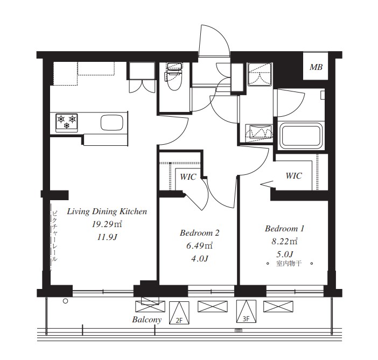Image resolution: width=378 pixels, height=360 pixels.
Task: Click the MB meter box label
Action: [x=316, y=67]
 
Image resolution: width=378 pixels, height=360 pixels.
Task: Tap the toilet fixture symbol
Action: [x=173, y=76]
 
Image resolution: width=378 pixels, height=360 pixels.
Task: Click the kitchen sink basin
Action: [x=112, y=122]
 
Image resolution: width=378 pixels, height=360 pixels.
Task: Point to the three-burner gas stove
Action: [x=67, y=123]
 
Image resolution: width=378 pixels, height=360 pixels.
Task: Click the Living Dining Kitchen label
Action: [x=107, y=211]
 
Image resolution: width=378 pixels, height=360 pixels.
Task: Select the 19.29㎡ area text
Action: [x=107, y=224]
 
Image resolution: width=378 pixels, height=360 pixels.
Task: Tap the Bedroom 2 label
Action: [x=200, y=233]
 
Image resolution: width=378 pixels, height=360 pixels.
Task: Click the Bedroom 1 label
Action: [x=284, y=229]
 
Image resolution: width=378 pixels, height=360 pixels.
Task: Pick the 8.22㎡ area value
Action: [x=284, y=241]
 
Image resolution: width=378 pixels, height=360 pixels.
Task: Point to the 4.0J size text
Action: [x=200, y=259]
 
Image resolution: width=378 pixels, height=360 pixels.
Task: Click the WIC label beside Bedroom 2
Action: [x=188, y=177]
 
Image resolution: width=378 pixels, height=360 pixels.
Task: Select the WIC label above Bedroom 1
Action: [x=293, y=175]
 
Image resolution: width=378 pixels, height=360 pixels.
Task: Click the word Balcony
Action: [x=147, y=320]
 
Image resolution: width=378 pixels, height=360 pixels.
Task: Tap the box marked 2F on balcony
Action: [x=179, y=313]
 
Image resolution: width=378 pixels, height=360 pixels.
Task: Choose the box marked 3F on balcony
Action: [x=246, y=311]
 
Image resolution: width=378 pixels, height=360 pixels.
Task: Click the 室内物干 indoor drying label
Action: [x=289, y=263]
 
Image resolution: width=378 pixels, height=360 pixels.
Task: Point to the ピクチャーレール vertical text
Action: [x=55, y=236]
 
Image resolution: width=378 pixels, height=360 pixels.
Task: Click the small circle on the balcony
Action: [x=65, y=301]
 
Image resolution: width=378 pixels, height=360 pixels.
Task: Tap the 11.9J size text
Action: [x=107, y=237]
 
